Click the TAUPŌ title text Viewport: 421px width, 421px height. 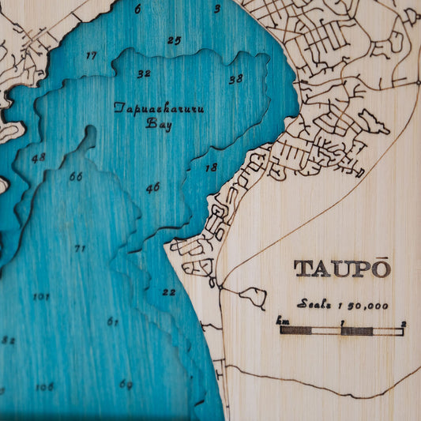coord(342,269)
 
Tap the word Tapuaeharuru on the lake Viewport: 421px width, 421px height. coord(159,107)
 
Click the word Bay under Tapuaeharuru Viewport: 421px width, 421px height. coord(159,123)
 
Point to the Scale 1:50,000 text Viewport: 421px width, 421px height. coord(343,304)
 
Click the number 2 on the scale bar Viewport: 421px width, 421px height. coord(403,323)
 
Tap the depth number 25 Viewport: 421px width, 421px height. coord(174,40)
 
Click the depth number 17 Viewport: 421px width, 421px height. coord(92,55)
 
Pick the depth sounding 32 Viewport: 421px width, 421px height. coord(143,73)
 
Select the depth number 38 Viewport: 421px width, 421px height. coord(235,79)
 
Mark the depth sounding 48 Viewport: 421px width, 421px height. coord(38,157)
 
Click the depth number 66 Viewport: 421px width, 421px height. coord(75,176)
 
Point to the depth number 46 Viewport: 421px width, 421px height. coord(152,187)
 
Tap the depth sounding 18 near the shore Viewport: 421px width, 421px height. coord(211,167)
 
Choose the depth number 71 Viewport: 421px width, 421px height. coord(80,248)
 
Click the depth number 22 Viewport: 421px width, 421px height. coord(169,292)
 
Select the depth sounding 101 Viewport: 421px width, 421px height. coord(41,297)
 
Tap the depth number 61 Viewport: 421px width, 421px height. coord(112,321)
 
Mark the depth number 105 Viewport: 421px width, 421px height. coord(44,386)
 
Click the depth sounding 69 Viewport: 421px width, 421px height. coord(126,385)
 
